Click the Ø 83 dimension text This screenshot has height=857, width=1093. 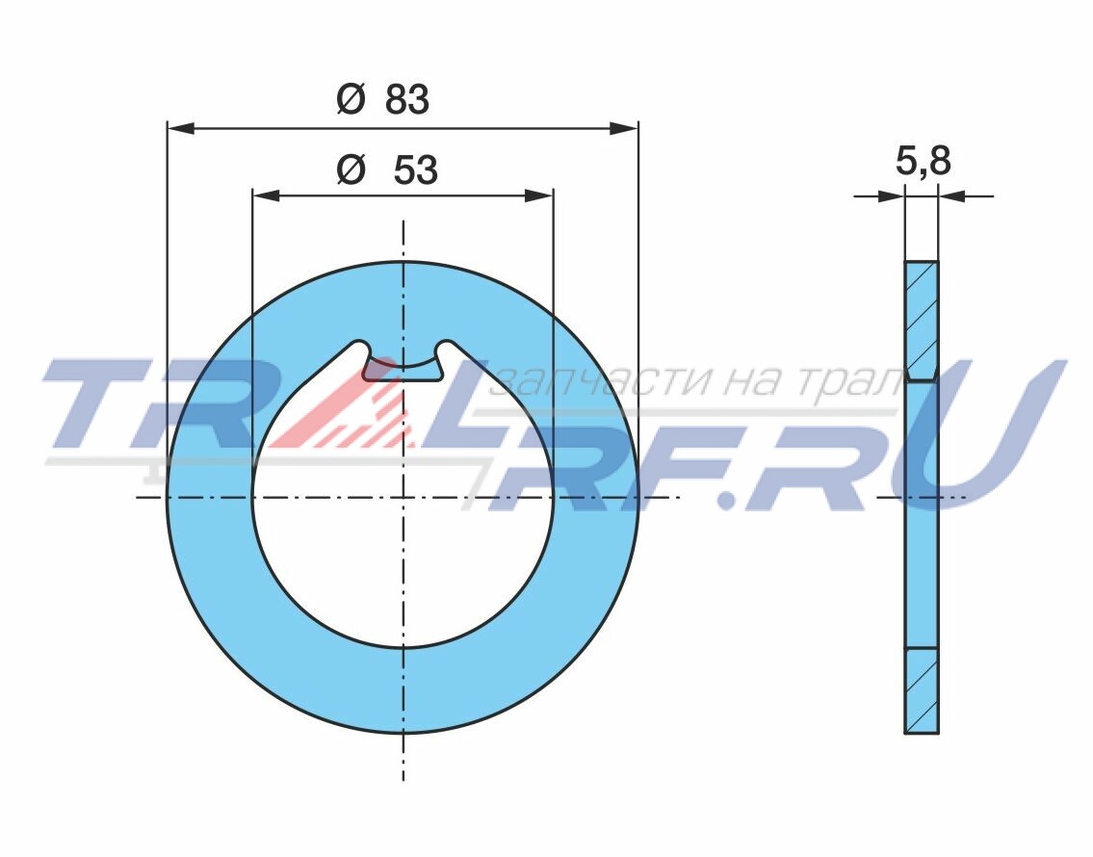[382, 99]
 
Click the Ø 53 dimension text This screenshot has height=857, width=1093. [387, 169]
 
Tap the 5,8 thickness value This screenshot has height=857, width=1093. [923, 161]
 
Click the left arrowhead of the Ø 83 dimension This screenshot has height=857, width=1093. [181, 127]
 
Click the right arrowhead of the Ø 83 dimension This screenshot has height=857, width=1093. [623, 127]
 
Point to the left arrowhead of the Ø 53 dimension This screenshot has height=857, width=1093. [266, 195]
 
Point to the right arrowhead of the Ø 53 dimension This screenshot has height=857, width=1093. [539, 195]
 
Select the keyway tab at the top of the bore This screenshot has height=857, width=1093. [403, 367]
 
